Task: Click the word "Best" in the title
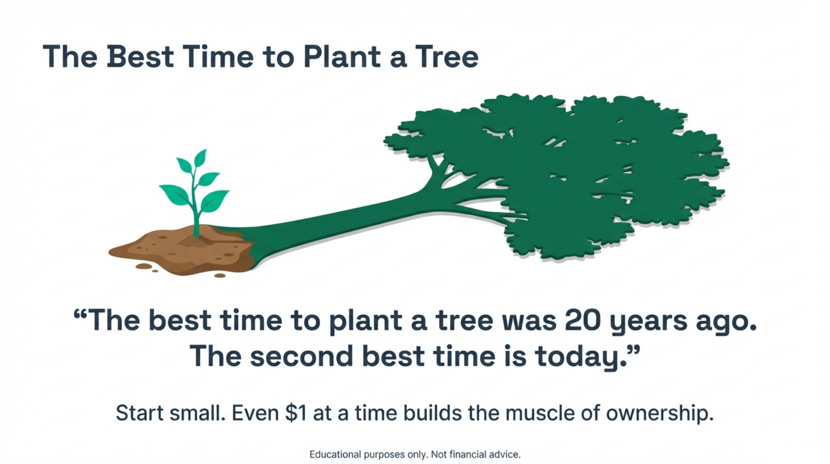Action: click(x=140, y=57)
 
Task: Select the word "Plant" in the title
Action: click(x=342, y=57)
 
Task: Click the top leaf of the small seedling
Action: click(x=200, y=158)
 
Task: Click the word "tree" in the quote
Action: click(x=464, y=320)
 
